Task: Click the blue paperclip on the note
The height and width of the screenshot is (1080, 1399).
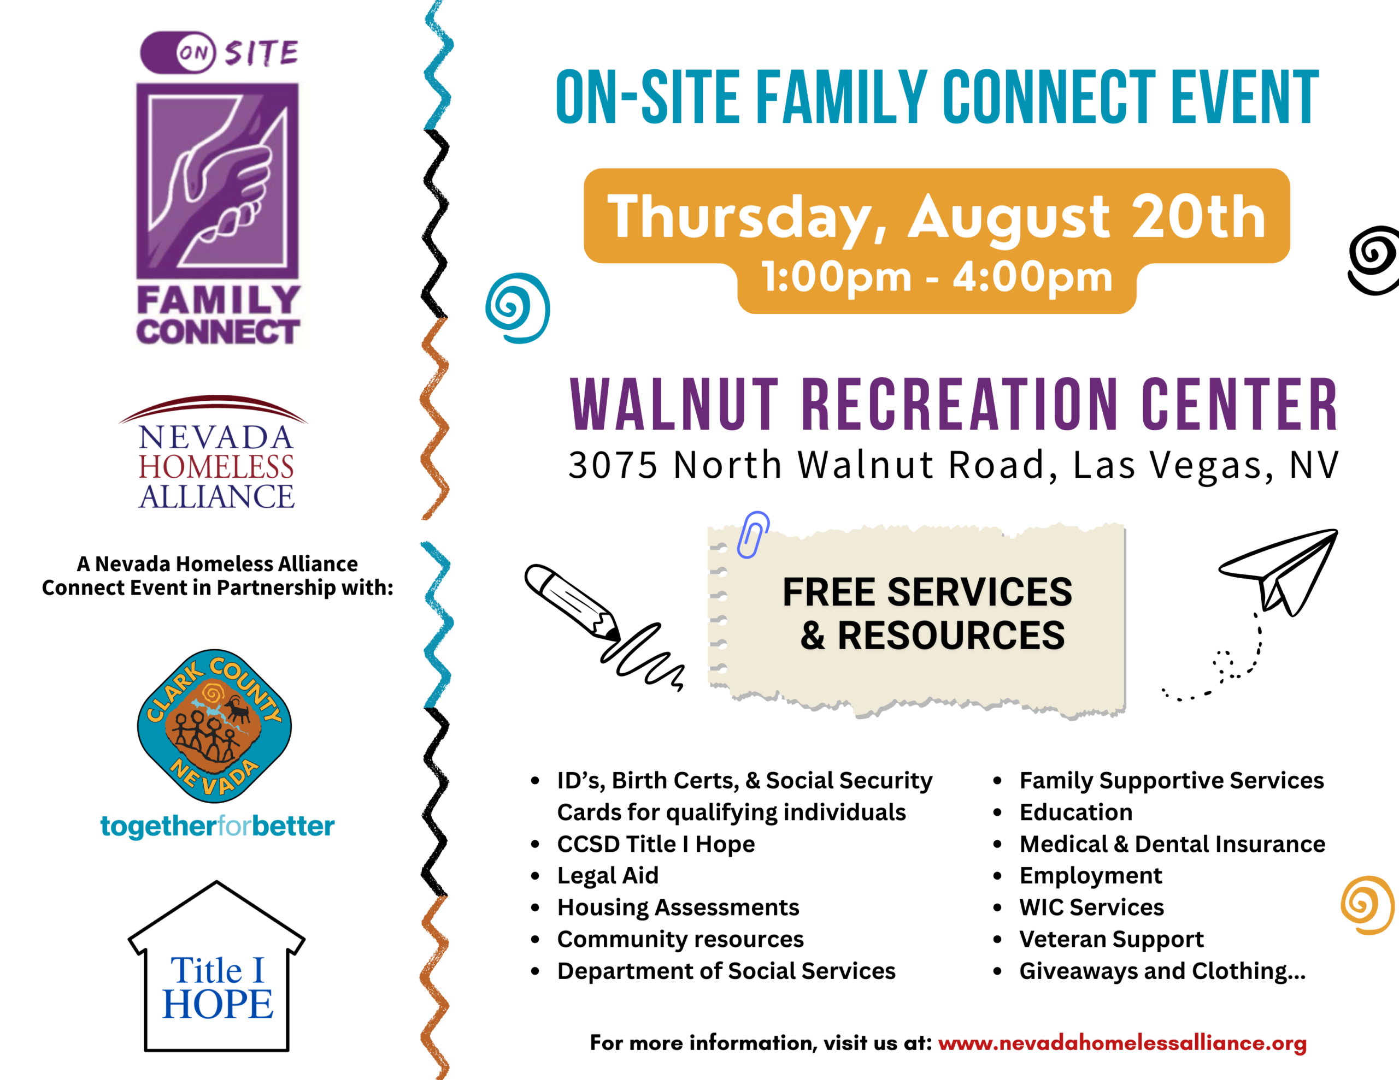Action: point(753,535)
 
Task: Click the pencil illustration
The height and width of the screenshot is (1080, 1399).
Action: point(572,602)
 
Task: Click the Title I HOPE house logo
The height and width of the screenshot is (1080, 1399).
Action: point(216,966)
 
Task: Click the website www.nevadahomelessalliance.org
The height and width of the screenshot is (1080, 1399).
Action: point(1122,1043)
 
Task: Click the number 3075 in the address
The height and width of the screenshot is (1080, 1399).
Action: point(613,465)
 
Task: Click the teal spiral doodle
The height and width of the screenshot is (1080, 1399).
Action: point(518,308)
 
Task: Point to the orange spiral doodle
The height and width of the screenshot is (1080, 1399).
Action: point(1368,905)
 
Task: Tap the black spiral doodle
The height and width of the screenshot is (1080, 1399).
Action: point(1373,260)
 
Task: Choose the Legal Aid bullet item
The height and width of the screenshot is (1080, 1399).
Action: point(607,875)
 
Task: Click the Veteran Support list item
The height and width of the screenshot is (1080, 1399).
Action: point(1112,939)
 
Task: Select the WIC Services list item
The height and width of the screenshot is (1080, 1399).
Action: point(1091,907)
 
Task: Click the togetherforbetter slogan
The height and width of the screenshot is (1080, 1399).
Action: point(217,826)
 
